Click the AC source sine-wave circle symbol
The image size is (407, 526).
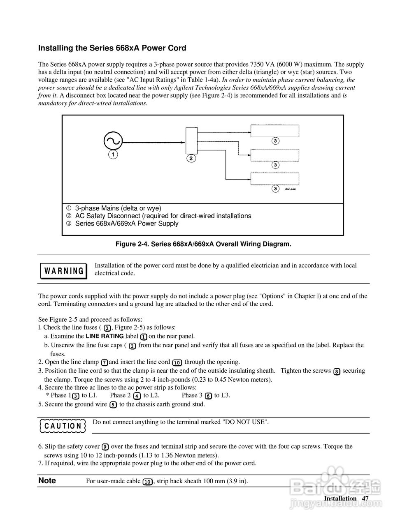pyautogui.click(x=112, y=141)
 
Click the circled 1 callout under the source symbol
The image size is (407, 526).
pyautogui.click(x=113, y=155)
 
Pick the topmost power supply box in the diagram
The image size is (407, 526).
pyautogui.click(x=275, y=131)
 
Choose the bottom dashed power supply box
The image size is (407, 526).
pyautogui.click(x=275, y=179)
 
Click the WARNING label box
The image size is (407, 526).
pyautogui.click(x=63, y=271)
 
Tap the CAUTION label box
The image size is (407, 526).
pyautogui.click(x=63, y=426)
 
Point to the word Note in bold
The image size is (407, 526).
pyautogui.click(x=47, y=480)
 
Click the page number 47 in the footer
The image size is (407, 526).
pyautogui.click(x=365, y=498)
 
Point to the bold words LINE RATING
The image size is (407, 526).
pyautogui.click(x=104, y=336)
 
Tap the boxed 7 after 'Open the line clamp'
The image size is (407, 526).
pyautogui.click(x=105, y=362)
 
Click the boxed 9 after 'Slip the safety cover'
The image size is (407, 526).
pyautogui.click(x=105, y=447)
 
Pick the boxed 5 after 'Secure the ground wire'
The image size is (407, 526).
pyautogui.click(x=113, y=404)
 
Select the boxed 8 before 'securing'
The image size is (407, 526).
pyautogui.click(x=337, y=371)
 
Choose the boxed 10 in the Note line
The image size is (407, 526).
pyautogui.click(x=147, y=482)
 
